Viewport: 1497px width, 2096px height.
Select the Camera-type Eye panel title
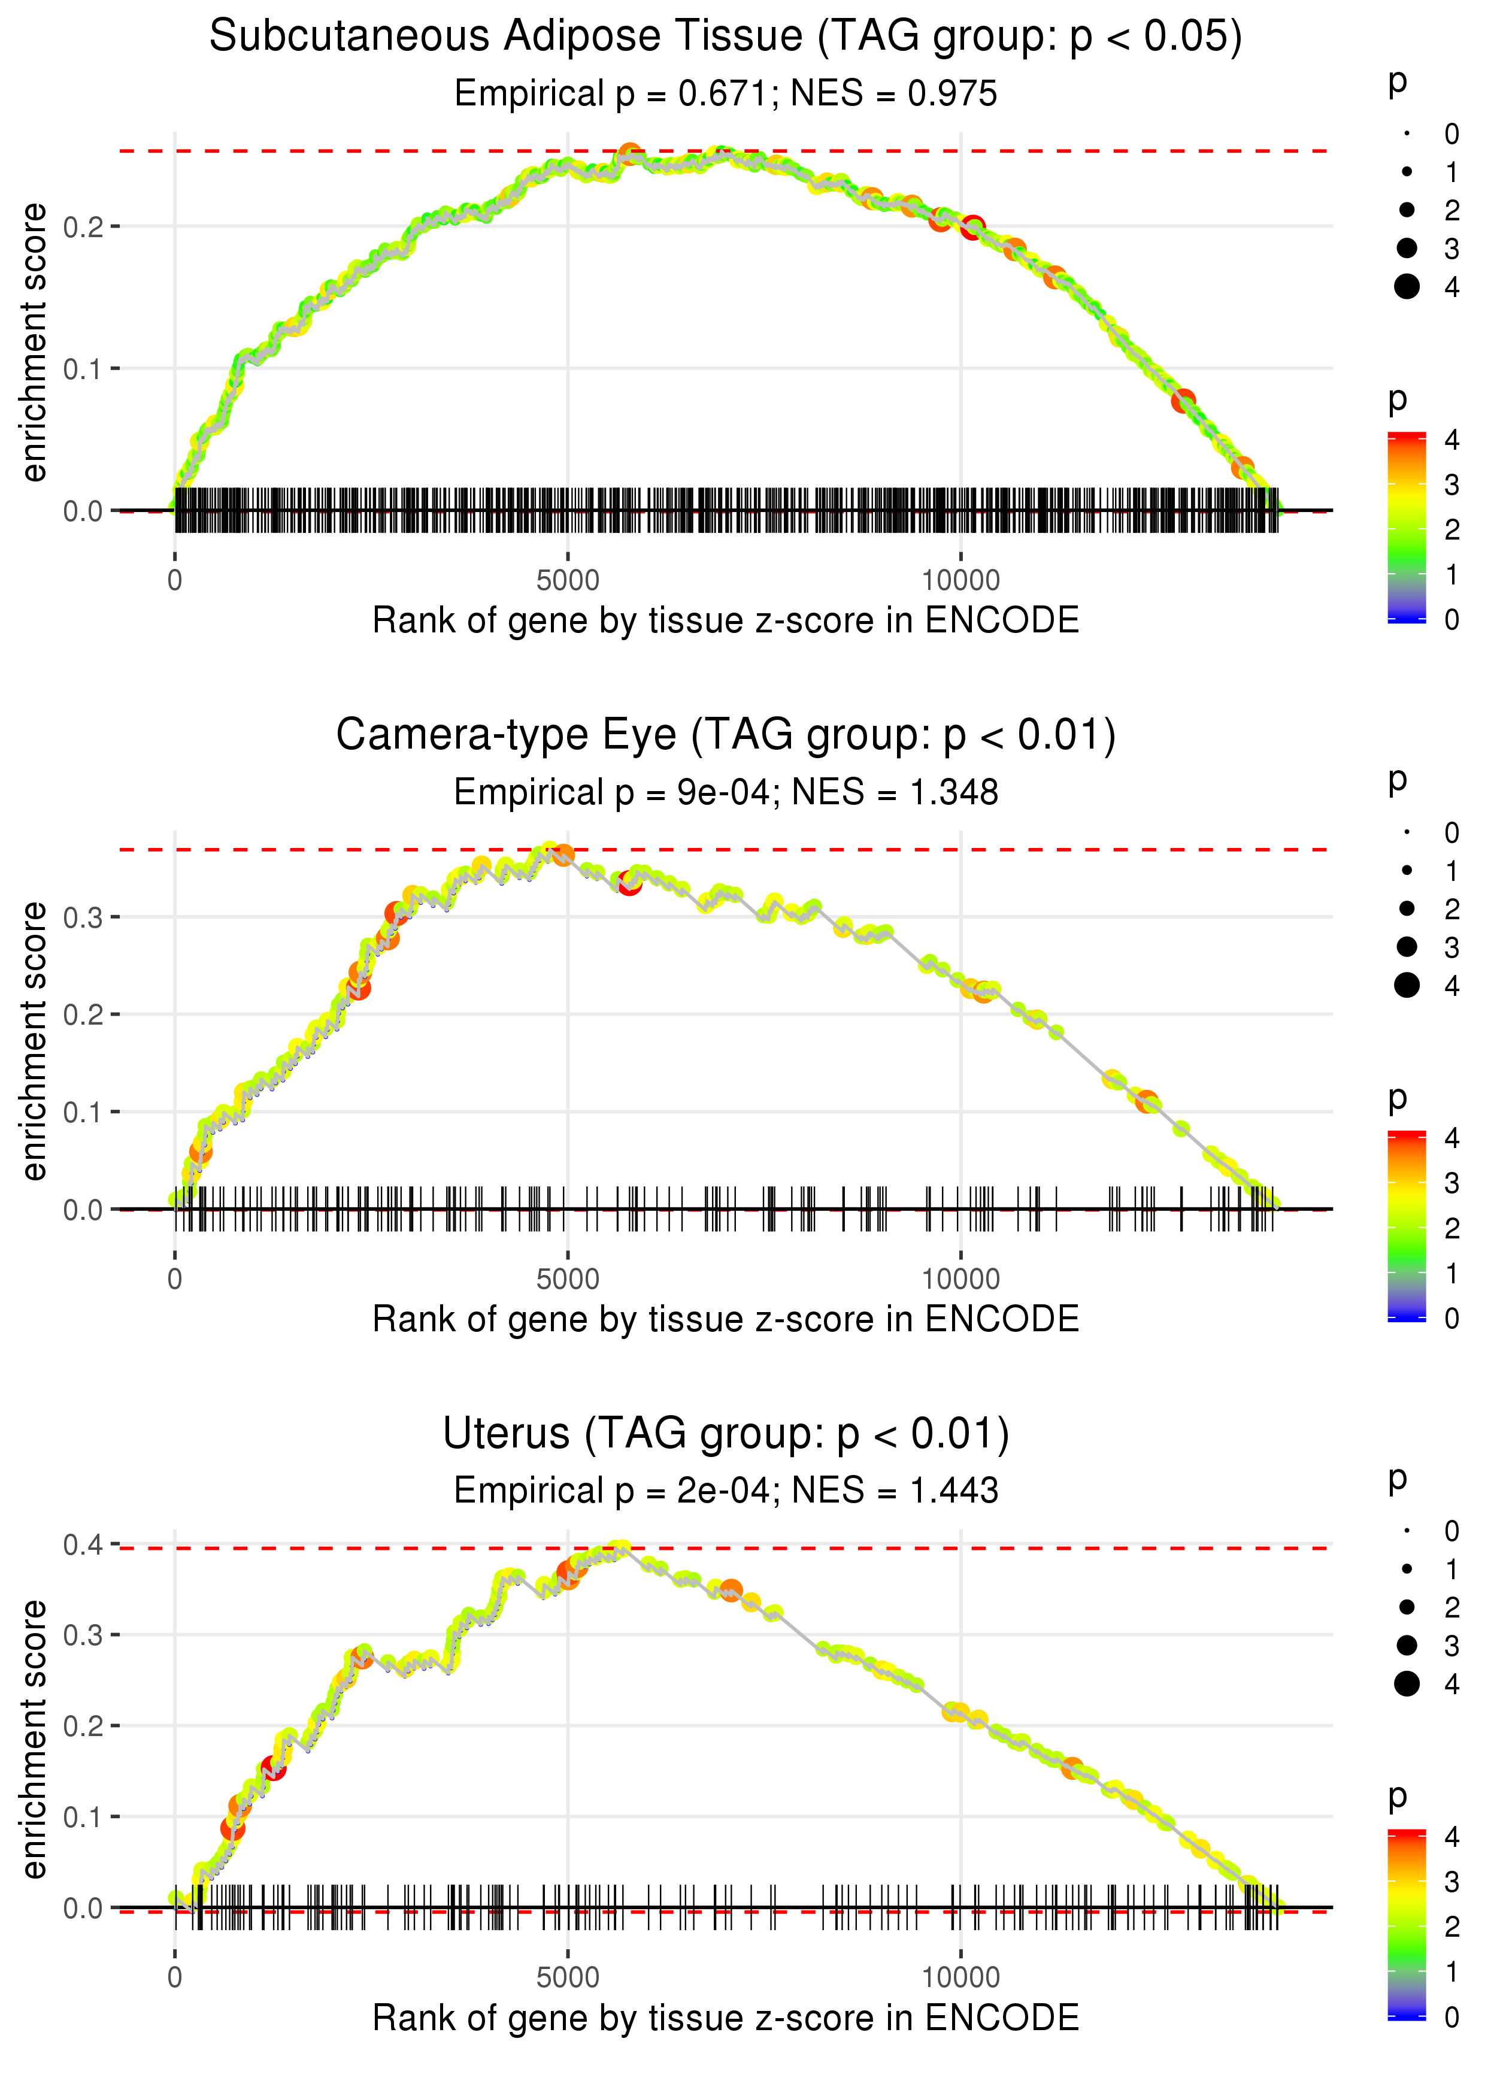[726, 735]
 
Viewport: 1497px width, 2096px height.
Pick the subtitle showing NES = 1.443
[726, 1491]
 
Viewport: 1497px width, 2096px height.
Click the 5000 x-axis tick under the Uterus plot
[568, 1976]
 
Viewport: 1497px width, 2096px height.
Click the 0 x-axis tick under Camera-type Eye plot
[174, 1279]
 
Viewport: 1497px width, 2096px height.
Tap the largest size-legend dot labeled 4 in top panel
[1407, 287]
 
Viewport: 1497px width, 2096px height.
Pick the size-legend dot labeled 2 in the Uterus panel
[1407, 1607]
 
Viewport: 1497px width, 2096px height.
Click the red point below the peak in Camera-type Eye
[629, 883]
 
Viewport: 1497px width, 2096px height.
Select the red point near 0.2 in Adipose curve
[972, 227]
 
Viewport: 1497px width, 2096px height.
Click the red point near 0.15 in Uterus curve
[273, 1767]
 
